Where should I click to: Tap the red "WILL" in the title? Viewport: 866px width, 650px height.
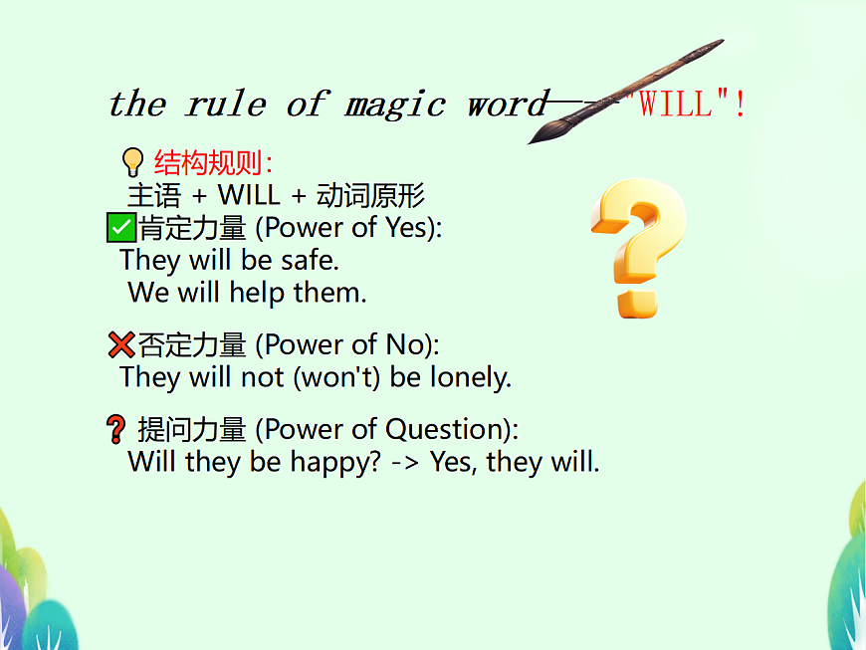point(676,104)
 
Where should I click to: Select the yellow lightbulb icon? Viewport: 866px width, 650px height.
point(132,161)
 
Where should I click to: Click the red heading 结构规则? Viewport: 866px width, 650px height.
point(213,162)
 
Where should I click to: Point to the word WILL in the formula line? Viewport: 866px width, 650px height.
point(249,195)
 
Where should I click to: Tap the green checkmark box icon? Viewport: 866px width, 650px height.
point(120,228)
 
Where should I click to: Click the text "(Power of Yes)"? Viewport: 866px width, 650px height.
point(348,228)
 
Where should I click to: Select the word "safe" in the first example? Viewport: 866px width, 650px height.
point(310,261)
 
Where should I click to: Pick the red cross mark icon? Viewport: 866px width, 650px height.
point(120,345)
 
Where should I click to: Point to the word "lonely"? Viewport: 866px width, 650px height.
point(470,378)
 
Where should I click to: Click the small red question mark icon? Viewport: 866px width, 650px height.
point(115,430)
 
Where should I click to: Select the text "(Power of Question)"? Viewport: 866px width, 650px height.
point(387,430)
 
